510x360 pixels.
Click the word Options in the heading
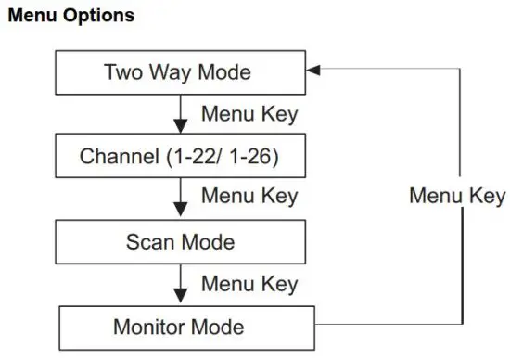[x=99, y=16]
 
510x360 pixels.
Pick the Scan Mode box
[x=180, y=243]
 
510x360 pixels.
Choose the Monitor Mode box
[x=180, y=327]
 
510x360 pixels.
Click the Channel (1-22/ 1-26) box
[x=180, y=157]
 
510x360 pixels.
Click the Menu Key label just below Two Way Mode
[x=249, y=115]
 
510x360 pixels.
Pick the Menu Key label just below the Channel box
[x=249, y=197]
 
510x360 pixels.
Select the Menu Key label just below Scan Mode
[x=249, y=282]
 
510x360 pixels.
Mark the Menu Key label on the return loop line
[x=457, y=196]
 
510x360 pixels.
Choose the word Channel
[x=115, y=157]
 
